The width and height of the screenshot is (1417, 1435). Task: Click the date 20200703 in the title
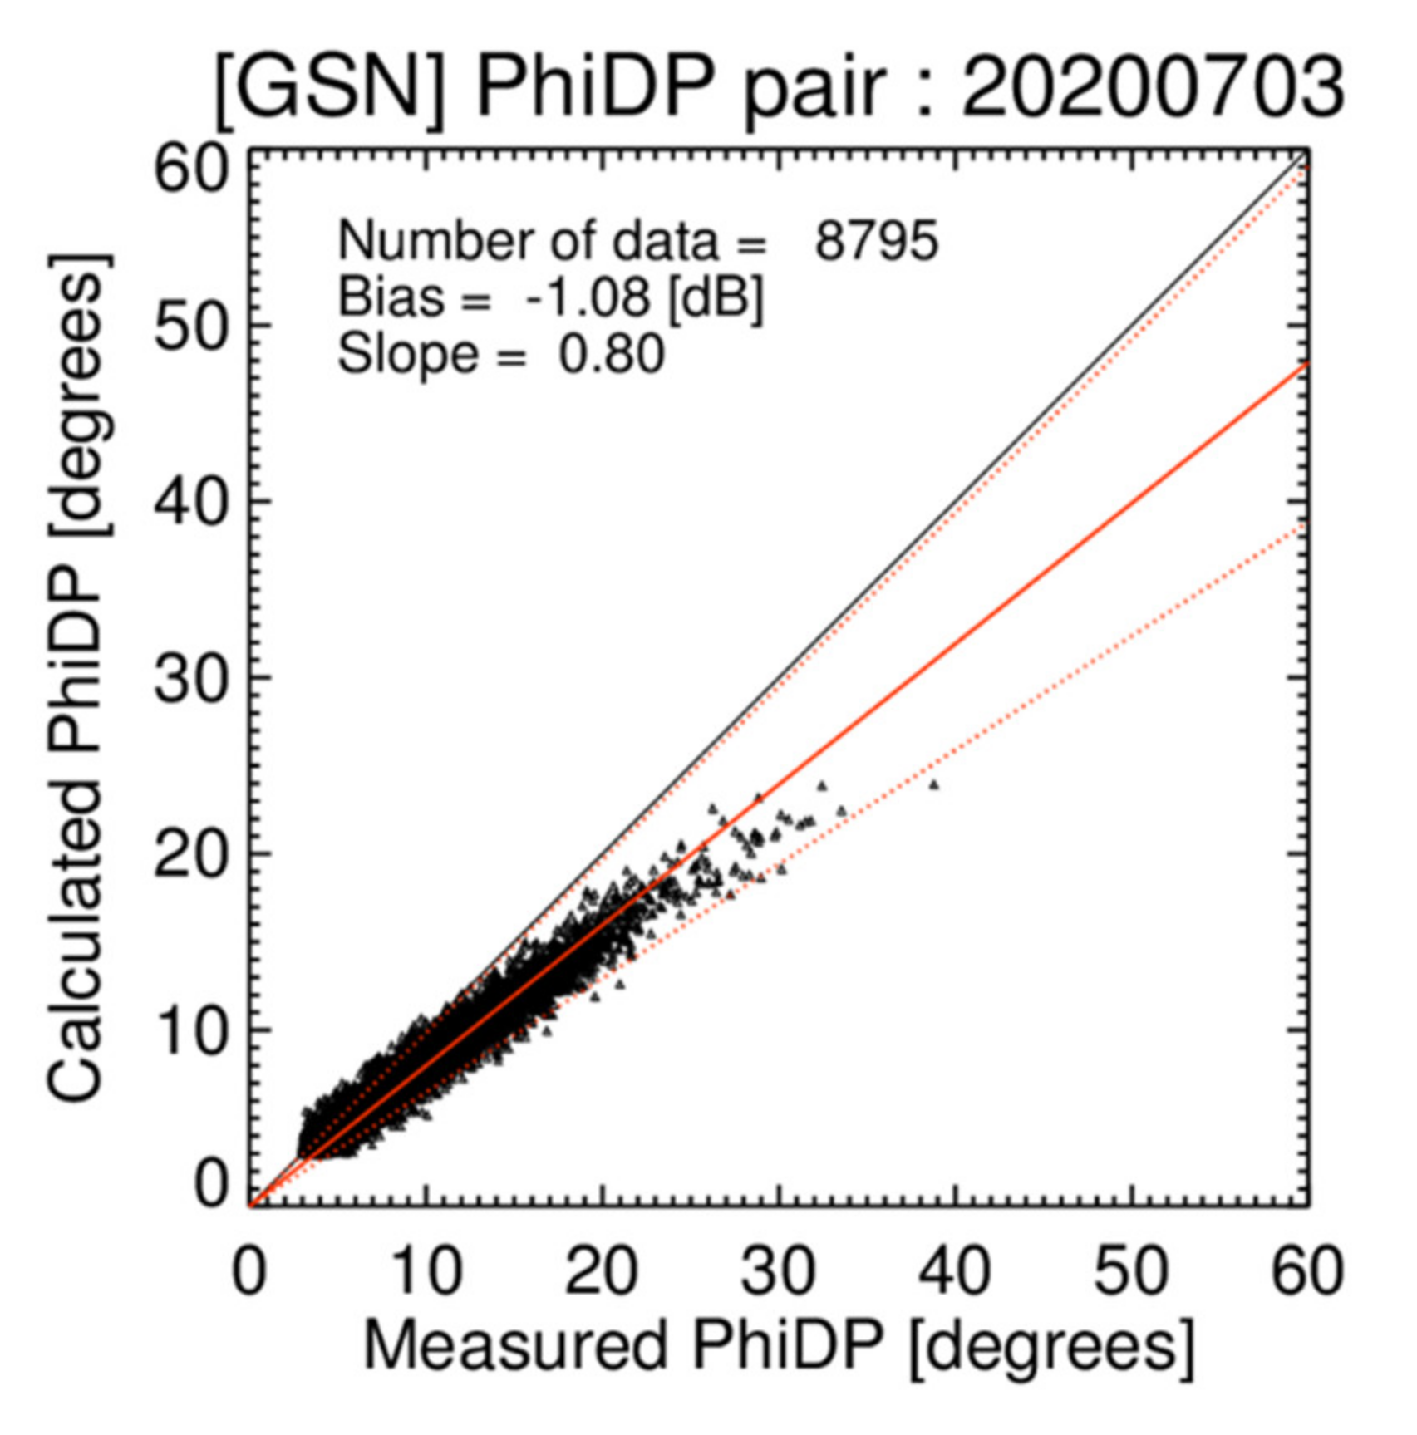point(1152,86)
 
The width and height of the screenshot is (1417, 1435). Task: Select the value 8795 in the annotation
point(876,242)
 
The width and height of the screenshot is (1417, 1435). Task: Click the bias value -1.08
point(588,297)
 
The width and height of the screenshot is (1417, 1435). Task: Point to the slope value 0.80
point(611,354)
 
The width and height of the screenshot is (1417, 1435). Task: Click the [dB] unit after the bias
point(716,297)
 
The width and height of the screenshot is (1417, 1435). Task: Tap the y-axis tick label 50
point(190,327)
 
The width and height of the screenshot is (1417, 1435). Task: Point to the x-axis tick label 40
point(956,1271)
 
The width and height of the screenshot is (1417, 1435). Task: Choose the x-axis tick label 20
point(603,1271)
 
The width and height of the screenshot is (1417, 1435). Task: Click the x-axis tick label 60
point(1308,1271)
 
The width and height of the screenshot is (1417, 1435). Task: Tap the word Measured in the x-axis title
point(515,1346)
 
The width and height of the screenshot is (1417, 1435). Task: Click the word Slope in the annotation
point(407,354)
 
